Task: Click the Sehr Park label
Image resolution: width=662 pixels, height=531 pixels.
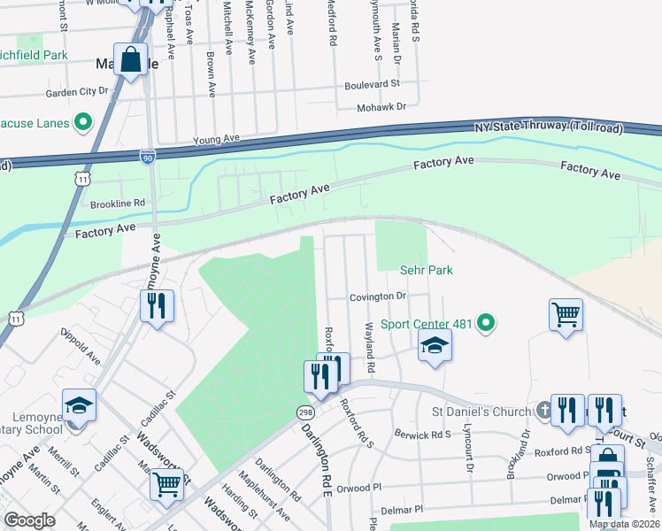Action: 426,269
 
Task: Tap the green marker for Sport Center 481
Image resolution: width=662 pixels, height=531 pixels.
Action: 485,324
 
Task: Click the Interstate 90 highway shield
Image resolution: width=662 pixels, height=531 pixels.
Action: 147,157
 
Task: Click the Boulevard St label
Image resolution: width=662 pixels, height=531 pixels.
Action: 372,84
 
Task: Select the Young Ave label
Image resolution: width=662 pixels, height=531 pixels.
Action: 217,140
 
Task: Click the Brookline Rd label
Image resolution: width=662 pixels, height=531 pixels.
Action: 118,203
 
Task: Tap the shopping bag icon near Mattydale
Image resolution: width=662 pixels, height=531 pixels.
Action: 130,60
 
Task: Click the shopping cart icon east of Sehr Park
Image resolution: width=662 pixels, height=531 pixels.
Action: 566,314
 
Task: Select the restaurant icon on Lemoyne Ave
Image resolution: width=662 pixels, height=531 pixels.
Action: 157,306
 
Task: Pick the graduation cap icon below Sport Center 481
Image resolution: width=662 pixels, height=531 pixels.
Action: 435,345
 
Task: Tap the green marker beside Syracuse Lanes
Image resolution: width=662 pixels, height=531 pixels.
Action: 84,121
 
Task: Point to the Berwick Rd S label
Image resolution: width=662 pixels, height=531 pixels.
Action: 423,435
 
